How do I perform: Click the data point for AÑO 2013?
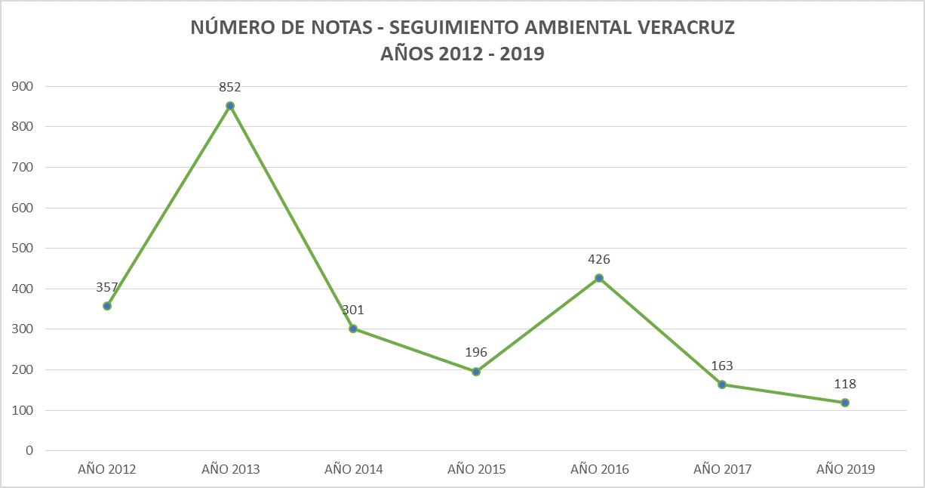(230, 106)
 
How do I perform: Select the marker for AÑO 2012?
(107, 306)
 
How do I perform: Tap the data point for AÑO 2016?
(599, 278)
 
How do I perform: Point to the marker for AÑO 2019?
(845, 403)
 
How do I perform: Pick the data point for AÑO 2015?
(476, 372)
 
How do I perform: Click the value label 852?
(230, 87)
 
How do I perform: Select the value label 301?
(353, 310)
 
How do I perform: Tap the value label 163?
(722, 366)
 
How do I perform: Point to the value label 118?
(845, 384)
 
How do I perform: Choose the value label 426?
(599, 259)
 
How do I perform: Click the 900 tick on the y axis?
(23, 86)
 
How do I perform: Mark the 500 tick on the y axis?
(23, 248)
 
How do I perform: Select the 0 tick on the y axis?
(29, 451)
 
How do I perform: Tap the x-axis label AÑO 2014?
(353, 469)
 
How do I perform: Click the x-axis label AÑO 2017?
(722, 469)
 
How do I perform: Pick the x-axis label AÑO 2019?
(845, 469)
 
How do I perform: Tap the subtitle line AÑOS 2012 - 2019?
(462, 54)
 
